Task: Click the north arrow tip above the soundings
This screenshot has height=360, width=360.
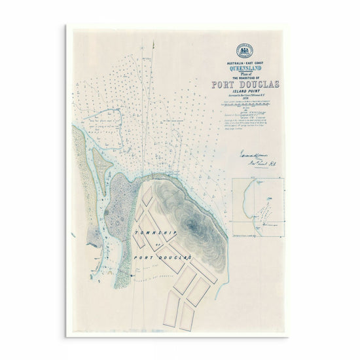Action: tap(153, 43)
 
